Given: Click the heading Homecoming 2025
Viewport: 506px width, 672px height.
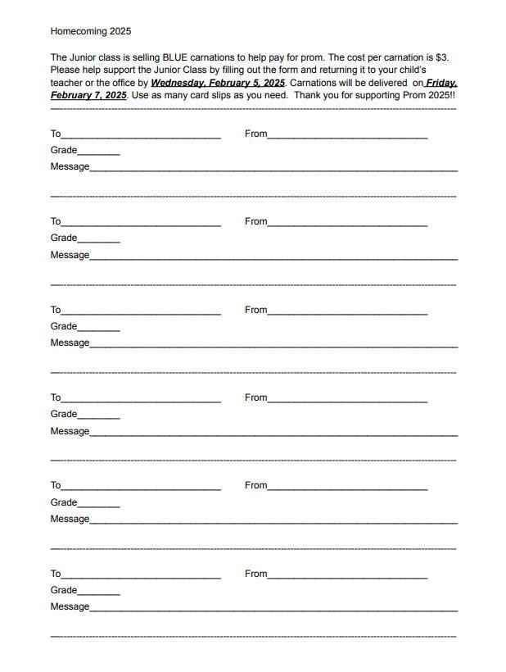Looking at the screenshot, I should click(x=90, y=31).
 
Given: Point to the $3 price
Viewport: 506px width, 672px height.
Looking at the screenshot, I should click(x=441, y=57).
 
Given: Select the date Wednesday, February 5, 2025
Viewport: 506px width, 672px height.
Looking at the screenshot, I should click(x=218, y=83).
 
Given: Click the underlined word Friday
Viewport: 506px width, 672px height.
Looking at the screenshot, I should click(x=441, y=83).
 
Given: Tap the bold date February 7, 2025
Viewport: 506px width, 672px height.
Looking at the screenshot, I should click(x=88, y=96).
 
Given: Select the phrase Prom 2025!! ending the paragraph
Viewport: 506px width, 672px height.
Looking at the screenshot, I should click(x=429, y=96).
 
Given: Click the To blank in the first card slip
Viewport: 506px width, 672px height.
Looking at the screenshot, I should click(x=141, y=135).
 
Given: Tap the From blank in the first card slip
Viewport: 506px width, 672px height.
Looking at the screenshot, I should click(x=347, y=135).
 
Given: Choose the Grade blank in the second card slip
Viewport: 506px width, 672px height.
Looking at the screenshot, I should click(x=99, y=239).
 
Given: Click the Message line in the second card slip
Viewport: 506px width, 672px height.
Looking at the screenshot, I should click(x=273, y=257).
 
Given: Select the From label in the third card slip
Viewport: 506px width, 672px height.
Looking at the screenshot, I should click(x=255, y=310).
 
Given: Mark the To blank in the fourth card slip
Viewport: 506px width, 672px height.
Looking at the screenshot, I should click(x=141, y=400).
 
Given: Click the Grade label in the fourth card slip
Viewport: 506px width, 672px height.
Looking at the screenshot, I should click(x=64, y=414).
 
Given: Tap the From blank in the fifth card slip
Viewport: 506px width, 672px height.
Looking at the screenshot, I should click(x=347, y=488).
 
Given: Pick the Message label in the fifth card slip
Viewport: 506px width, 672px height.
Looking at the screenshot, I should click(x=70, y=519).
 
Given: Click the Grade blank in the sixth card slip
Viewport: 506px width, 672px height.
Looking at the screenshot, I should click(x=99, y=592).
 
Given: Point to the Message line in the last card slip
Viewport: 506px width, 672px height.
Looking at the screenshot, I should click(x=273, y=609).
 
